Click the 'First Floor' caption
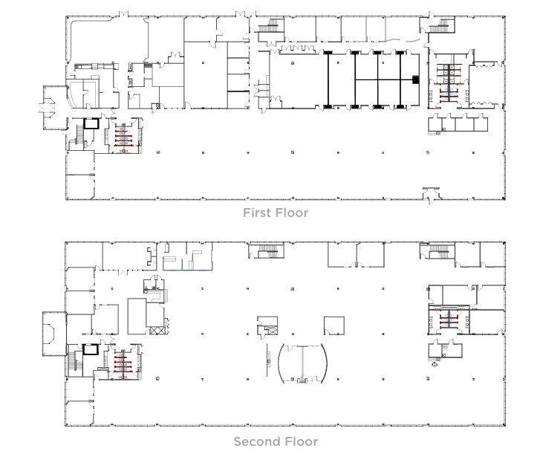[x=276, y=213]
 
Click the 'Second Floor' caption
[x=276, y=441]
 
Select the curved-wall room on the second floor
[x=303, y=364]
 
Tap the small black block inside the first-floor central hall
[x=416, y=80]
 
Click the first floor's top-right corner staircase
[x=440, y=27]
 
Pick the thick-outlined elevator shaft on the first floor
[x=90, y=123]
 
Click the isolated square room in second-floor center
[x=334, y=325]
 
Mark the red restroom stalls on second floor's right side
[x=448, y=320]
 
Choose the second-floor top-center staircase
[x=270, y=253]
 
